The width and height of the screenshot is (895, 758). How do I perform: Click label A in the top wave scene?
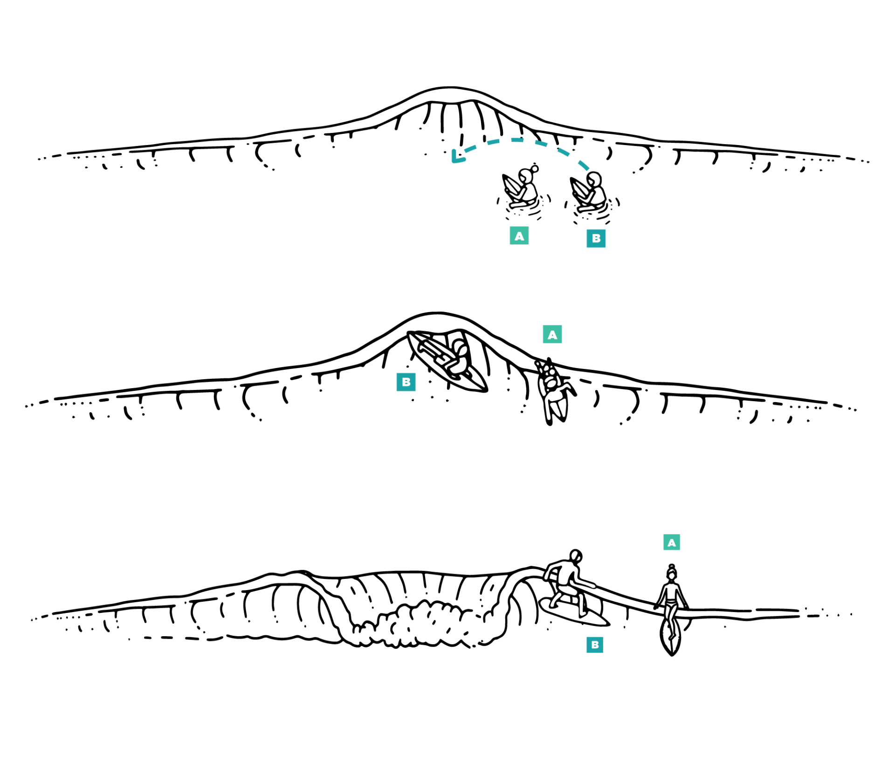pyautogui.click(x=519, y=236)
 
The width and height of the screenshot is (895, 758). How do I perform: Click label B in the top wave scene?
pyautogui.click(x=596, y=238)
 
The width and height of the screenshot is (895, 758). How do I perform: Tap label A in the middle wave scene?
pyautogui.click(x=552, y=334)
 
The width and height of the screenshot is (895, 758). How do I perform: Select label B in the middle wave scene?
pyautogui.click(x=406, y=382)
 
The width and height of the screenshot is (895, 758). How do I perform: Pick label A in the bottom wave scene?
pyautogui.click(x=671, y=542)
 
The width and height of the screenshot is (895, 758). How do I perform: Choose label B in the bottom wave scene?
pyautogui.click(x=594, y=645)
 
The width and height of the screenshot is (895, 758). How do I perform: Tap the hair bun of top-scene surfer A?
pyautogui.click(x=535, y=168)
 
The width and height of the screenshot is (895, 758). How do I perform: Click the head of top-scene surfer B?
pyautogui.click(x=594, y=179)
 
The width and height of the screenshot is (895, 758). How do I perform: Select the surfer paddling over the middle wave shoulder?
pyautogui.click(x=554, y=391)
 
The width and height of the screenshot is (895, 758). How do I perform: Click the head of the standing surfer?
pyautogui.click(x=576, y=556)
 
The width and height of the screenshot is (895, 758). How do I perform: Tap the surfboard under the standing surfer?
pyautogui.click(x=574, y=612)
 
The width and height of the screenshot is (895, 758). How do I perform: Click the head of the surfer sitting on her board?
pyautogui.click(x=671, y=574)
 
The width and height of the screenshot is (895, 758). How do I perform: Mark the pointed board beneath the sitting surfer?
pyautogui.click(x=670, y=638)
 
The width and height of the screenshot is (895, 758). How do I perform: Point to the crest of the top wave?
pyautogui.click(x=450, y=89)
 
